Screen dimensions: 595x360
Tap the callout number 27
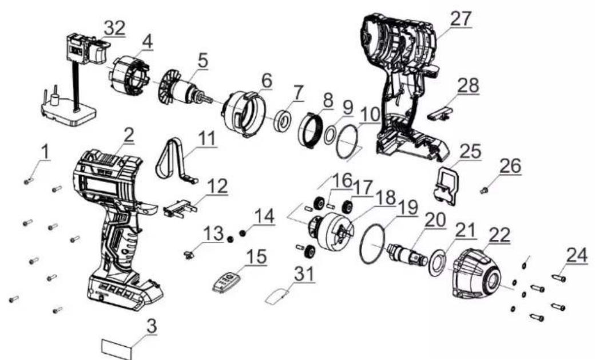click(x=461, y=18)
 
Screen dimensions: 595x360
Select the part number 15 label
click(x=256, y=256)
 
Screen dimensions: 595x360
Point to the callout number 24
click(x=577, y=255)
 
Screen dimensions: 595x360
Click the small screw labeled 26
click(x=484, y=191)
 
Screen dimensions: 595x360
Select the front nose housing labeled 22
click(x=477, y=274)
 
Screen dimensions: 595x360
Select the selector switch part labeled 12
click(x=180, y=208)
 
